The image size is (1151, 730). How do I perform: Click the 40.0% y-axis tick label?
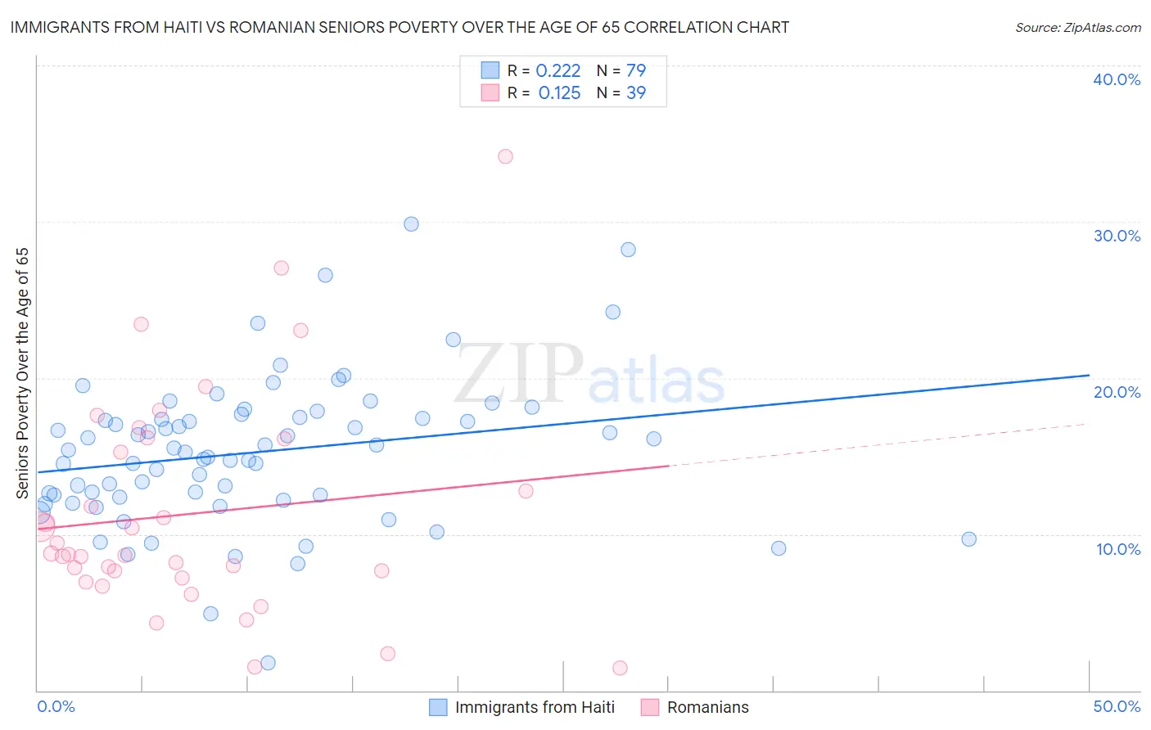click(x=1117, y=79)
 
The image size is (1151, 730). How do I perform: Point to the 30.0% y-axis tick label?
click(x=1117, y=236)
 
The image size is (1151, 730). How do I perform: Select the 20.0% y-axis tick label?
click(x=1117, y=392)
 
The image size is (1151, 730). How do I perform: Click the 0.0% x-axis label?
click(x=56, y=706)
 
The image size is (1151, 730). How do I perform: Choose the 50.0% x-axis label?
click(x=1117, y=706)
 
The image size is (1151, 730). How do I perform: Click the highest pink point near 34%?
click(x=505, y=156)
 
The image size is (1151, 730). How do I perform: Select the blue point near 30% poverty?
click(x=411, y=224)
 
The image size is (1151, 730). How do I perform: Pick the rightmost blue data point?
click(x=968, y=539)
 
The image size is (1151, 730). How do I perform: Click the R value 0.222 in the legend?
click(x=558, y=71)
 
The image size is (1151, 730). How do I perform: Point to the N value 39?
click(x=636, y=93)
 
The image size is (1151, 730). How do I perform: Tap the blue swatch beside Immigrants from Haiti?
click(x=438, y=707)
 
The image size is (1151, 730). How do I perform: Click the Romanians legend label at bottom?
click(x=707, y=707)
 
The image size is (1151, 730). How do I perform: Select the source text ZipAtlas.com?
click(x=1077, y=28)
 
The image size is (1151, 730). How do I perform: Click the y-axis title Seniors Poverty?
click(x=23, y=372)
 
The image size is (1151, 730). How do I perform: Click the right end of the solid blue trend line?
click(x=1089, y=375)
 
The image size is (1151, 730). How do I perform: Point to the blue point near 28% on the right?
click(x=628, y=250)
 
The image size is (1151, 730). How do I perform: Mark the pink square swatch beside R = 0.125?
click(x=490, y=93)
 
